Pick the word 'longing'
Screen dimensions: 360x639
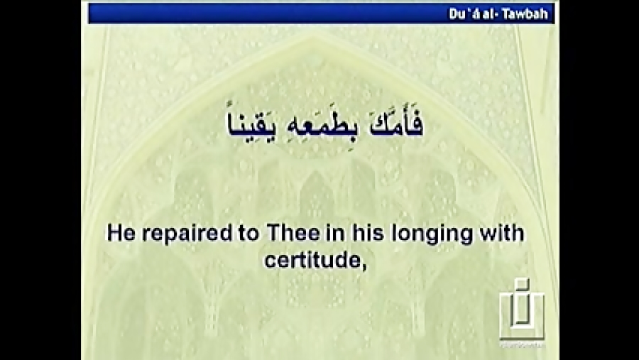point(425,235)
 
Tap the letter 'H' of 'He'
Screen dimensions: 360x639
point(114,234)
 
